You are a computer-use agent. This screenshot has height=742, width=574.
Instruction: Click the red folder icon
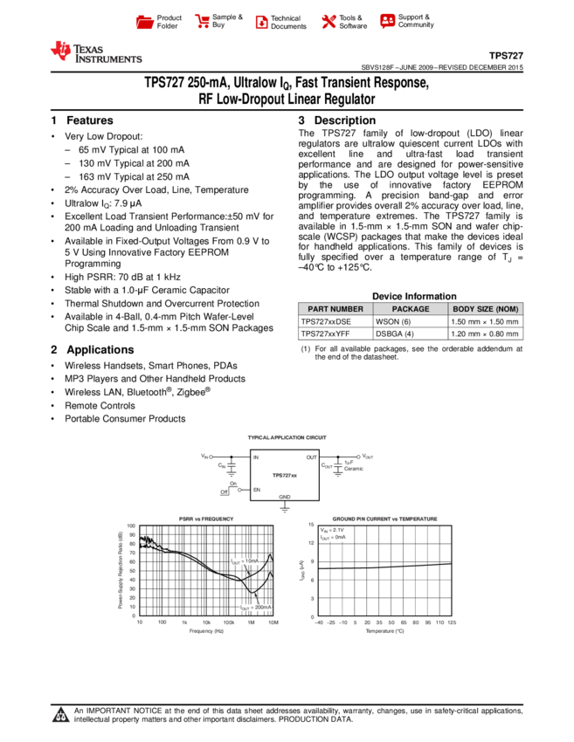[145, 23]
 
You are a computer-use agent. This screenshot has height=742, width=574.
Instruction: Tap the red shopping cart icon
[203, 22]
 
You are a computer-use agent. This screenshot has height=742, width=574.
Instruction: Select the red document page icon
[261, 23]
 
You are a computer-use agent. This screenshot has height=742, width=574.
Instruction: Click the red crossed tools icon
[328, 22]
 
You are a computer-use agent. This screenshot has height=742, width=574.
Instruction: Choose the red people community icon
[388, 21]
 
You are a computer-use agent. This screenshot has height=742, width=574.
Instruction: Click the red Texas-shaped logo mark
[61, 51]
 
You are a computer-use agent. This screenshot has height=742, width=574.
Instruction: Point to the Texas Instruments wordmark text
[107, 54]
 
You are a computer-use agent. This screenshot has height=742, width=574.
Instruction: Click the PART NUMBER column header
[335, 309]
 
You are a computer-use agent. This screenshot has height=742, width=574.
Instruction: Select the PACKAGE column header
[411, 309]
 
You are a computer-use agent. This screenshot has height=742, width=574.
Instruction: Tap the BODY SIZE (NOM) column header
[486, 309]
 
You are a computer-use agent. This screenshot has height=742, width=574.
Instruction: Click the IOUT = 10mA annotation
[245, 561]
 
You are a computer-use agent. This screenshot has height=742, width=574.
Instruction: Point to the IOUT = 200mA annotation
[255, 607]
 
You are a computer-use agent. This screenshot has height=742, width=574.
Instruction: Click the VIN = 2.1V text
[333, 530]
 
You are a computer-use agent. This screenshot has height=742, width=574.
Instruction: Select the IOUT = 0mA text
[333, 538]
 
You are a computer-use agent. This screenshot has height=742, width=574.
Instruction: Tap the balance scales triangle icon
[61, 716]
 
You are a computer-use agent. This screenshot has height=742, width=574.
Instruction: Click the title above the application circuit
[287, 437]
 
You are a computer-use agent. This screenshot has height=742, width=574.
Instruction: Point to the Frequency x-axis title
[207, 631]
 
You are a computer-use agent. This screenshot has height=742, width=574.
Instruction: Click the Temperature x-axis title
[384, 631]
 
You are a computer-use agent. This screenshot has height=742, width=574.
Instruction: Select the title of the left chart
[206, 519]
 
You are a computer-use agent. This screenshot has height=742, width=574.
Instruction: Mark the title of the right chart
[384, 519]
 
